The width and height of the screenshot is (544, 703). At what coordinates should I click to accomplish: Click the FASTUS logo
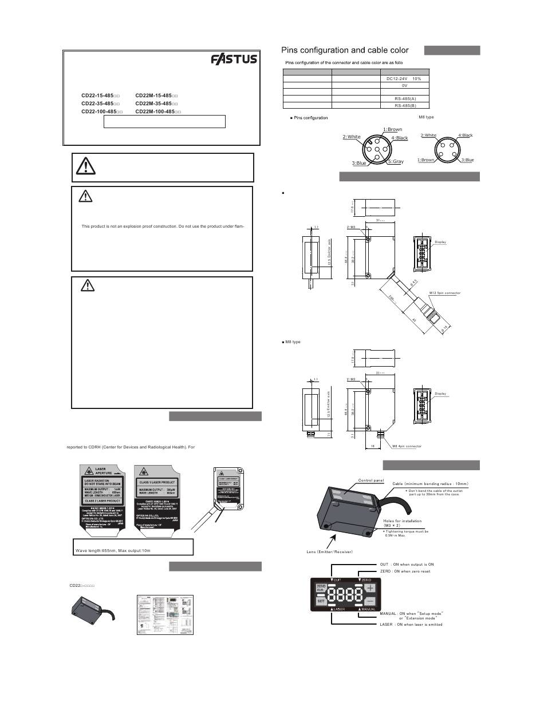click(x=234, y=60)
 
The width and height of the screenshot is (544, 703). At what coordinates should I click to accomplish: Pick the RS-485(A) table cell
click(x=405, y=98)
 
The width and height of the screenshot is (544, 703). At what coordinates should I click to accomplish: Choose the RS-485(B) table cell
click(x=405, y=105)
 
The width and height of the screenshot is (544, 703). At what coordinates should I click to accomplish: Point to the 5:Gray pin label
click(x=395, y=162)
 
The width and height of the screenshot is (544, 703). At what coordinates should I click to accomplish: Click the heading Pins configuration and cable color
click(x=345, y=50)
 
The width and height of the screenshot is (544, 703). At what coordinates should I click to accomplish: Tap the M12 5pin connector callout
click(x=445, y=293)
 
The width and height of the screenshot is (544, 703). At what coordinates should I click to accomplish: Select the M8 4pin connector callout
click(x=407, y=446)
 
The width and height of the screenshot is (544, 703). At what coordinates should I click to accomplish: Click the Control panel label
click(x=371, y=480)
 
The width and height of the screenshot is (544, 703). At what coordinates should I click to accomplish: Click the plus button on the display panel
click(x=370, y=588)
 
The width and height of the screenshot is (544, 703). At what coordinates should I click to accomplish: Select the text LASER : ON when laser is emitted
click(x=411, y=624)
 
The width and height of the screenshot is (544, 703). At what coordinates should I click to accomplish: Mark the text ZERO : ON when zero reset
click(x=405, y=571)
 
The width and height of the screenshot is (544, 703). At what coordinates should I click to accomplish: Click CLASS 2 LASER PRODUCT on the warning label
click(x=102, y=501)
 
